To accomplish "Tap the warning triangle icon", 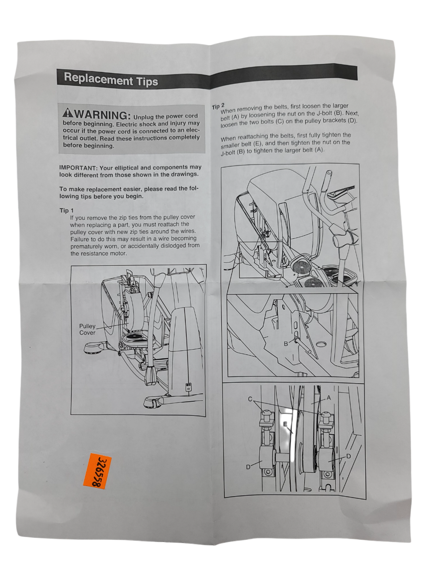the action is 68,113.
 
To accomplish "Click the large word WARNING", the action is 102,114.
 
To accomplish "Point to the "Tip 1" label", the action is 66,211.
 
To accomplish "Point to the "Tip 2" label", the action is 218,106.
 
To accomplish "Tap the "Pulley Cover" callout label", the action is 87,329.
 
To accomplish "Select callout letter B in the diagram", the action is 286,344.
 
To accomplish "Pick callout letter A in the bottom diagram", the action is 329,398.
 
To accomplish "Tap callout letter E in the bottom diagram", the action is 285,424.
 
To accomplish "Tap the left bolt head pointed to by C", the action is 266,414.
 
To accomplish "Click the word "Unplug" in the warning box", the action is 143,117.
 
